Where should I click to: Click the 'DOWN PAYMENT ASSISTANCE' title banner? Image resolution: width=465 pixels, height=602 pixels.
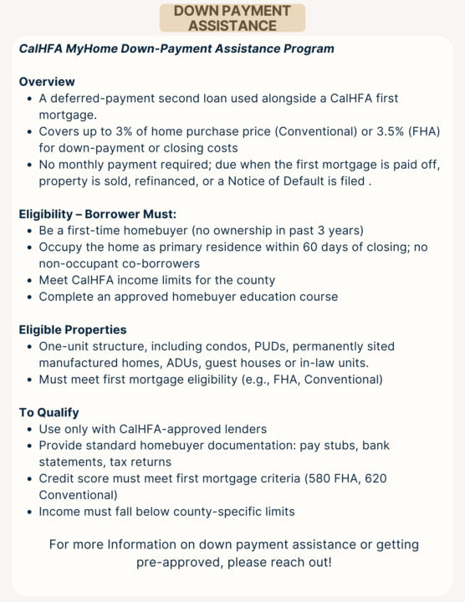(232, 18)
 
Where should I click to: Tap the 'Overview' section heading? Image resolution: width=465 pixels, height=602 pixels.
(47, 82)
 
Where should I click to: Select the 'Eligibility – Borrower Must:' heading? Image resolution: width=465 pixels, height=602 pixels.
(98, 213)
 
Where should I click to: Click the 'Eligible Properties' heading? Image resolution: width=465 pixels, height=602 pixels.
(73, 329)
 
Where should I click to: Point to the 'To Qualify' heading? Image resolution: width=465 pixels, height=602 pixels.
(49, 412)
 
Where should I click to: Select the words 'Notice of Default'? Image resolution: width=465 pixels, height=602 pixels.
(311, 181)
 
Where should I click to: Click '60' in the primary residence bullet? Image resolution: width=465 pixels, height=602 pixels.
(294, 247)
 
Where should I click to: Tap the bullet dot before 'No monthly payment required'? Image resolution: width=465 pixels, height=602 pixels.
(28, 165)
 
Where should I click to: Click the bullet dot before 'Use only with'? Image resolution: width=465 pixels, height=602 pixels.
(28, 429)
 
